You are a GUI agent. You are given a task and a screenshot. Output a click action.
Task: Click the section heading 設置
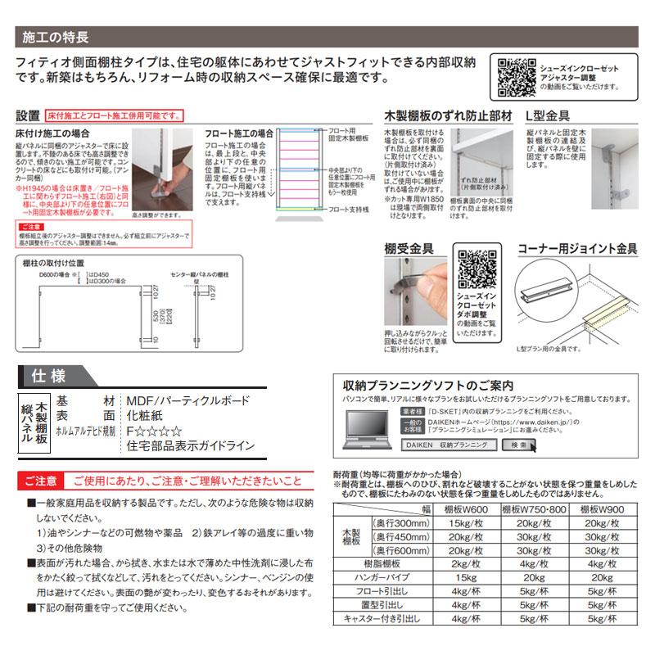coord(29,117)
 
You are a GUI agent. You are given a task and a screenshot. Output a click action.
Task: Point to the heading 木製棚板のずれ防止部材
coord(448,116)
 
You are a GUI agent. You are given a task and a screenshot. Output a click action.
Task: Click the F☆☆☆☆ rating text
coord(154,431)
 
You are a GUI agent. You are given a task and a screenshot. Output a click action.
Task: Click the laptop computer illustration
coord(369,429)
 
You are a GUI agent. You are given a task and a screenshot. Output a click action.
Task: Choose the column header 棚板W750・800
coord(538,508)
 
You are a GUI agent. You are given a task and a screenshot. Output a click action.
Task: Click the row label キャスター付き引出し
coord(382,621)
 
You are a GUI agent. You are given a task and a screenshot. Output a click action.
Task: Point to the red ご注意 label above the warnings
coord(40,480)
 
